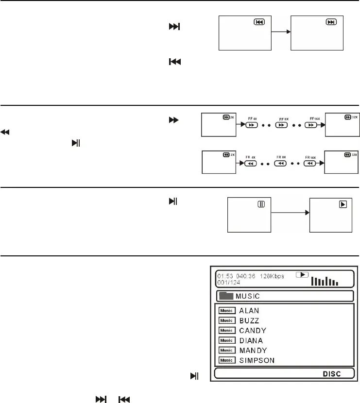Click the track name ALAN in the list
[x=249, y=310]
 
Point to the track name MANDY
[x=253, y=350]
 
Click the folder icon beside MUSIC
[x=226, y=296]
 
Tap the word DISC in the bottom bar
[x=332, y=374]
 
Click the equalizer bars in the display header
[x=325, y=280]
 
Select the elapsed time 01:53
[x=223, y=276]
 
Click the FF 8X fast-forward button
[x=281, y=125]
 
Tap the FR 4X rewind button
[x=251, y=164]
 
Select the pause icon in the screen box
[x=261, y=204]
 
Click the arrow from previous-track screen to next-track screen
[x=280, y=32]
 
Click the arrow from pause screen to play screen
[x=290, y=213]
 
